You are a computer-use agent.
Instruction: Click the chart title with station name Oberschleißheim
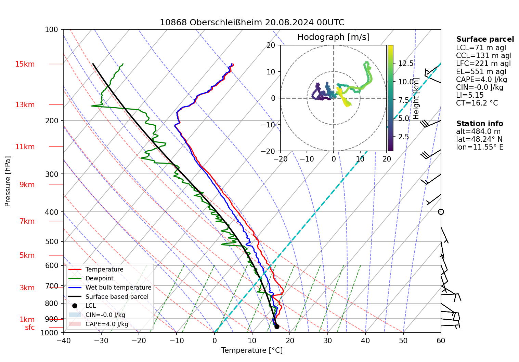point(252,23)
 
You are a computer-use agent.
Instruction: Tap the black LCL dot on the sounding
point(277,326)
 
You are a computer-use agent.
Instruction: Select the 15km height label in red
point(25,64)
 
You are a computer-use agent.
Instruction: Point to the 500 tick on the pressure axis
point(52,241)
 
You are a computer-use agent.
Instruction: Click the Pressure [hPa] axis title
point(8,181)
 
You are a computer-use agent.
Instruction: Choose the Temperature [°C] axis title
point(252,350)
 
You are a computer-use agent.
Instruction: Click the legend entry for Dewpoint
point(99,278)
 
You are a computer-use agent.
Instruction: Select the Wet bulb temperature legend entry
point(118,288)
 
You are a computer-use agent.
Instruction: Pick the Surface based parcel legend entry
point(117,297)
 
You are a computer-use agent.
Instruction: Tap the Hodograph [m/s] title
point(333,37)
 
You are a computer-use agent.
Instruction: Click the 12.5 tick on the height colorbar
point(406,64)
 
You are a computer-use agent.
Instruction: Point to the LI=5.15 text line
point(470,95)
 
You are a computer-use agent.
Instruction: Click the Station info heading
point(479,124)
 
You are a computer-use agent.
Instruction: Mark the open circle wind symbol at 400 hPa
point(441,212)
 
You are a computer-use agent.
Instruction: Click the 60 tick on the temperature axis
point(441,340)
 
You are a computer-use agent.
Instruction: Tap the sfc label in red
point(30,328)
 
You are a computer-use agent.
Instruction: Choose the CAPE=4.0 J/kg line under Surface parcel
point(481,80)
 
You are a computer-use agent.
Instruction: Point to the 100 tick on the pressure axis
point(52,30)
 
